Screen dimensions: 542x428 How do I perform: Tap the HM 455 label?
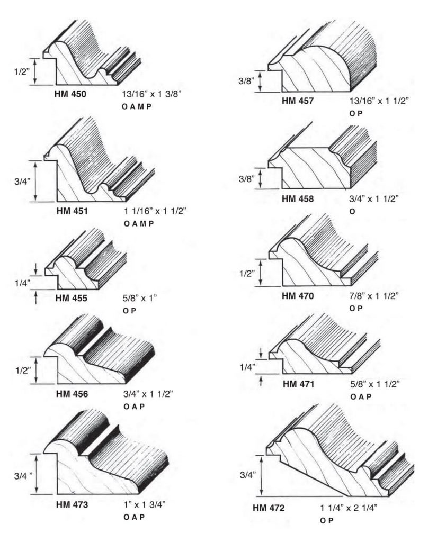(x=72, y=299)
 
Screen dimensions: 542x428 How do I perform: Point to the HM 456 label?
(x=72, y=394)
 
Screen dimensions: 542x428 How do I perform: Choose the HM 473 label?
(x=72, y=505)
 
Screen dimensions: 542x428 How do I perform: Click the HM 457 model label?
(x=298, y=101)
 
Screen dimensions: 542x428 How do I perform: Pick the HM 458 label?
(x=298, y=200)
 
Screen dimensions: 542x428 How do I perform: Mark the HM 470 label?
(x=298, y=296)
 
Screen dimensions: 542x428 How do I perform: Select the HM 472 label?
(x=269, y=509)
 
